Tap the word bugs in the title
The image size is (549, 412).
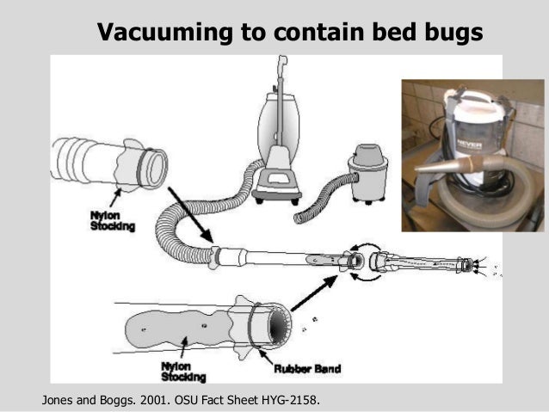coord(447,33)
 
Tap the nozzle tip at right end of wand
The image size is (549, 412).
coord(468,265)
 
